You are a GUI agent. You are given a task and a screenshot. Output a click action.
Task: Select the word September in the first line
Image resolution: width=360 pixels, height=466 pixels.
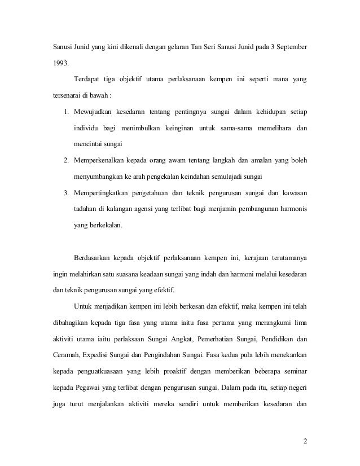(290, 45)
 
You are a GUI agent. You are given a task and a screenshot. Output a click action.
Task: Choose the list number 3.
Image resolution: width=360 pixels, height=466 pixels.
(66, 194)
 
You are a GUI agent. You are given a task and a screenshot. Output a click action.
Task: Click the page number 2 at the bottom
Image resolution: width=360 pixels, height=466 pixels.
(305, 441)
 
